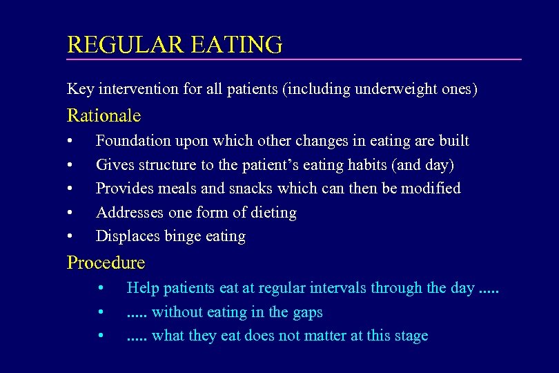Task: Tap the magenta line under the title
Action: pos(294,59)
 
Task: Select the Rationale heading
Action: pos(104,115)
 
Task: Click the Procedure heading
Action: pos(106,262)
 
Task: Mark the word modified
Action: pos(432,189)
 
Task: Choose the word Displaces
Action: pos(128,236)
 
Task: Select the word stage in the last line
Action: pos(412,336)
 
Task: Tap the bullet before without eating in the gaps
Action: pos(101,312)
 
